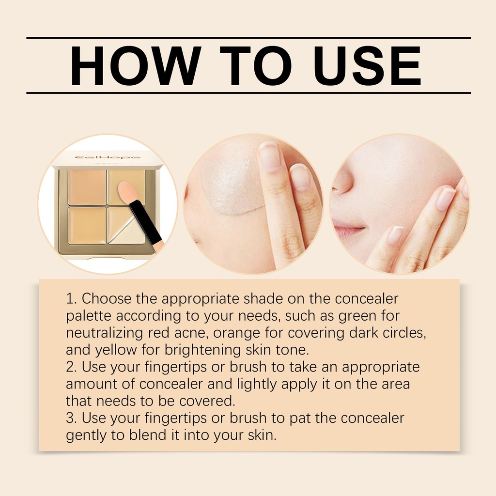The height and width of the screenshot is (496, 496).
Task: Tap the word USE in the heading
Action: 367,65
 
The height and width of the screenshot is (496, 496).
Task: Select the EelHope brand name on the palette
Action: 107,157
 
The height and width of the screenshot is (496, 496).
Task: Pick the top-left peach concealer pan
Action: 87,187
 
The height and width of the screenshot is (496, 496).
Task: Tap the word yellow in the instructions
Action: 116,350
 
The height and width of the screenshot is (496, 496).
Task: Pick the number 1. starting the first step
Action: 72,298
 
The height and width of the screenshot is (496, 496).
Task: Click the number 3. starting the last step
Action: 72,418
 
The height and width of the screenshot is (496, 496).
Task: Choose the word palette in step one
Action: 89,316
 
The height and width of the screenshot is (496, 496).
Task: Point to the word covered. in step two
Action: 207,401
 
